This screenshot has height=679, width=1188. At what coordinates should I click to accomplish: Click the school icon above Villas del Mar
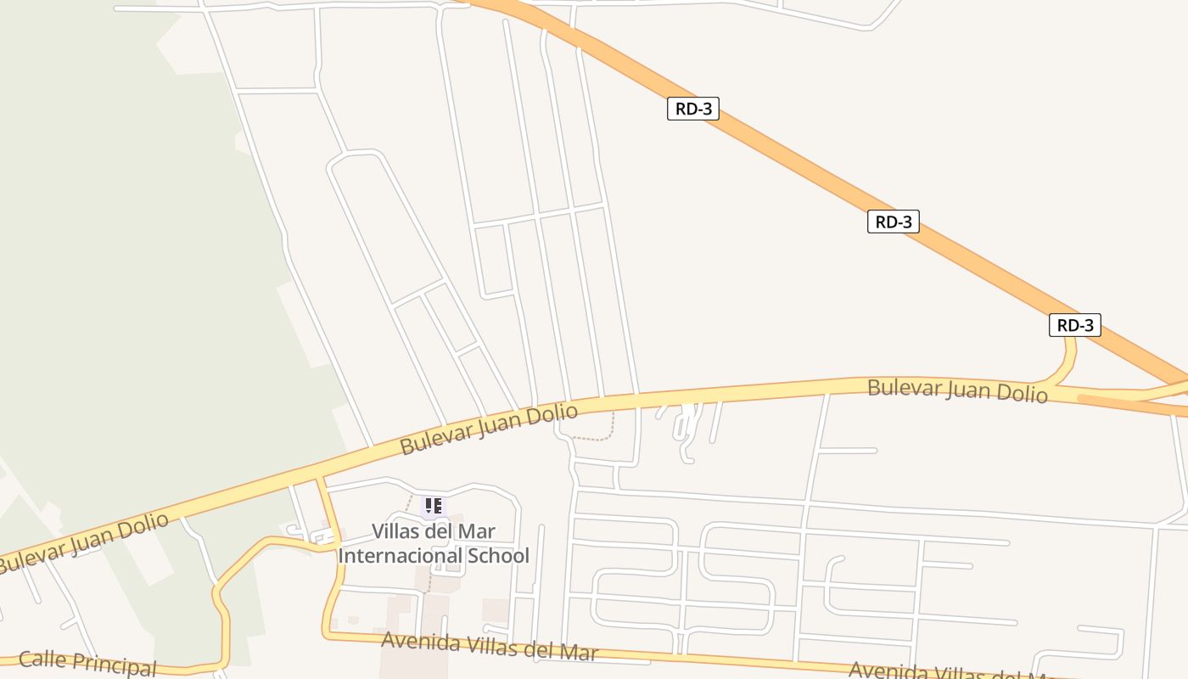[x=434, y=507]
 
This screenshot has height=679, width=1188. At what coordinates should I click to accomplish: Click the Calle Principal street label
[x=87, y=662]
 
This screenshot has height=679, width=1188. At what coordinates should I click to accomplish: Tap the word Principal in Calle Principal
[x=115, y=665]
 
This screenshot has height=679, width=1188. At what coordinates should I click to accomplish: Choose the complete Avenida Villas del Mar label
[x=490, y=646]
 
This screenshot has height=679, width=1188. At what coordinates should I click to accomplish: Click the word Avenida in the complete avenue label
[x=419, y=642]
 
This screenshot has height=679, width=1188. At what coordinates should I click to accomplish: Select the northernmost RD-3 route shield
[x=692, y=109]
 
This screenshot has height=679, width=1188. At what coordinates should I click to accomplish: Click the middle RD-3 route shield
[x=893, y=222]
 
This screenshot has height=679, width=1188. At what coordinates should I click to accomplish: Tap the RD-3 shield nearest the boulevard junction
[x=1074, y=325]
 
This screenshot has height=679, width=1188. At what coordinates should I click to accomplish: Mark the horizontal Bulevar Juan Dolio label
[x=957, y=390]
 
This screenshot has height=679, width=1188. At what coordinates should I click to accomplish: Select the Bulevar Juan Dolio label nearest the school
[x=489, y=429]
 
